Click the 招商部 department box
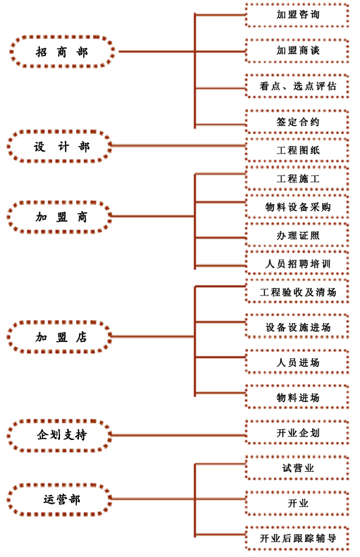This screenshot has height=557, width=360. click(x=62, y=51)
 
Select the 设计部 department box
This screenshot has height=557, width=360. click(x=59, y=146)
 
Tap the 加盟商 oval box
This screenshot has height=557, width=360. click(x=59, y=217)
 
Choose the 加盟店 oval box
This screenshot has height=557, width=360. click(x=59, y=337)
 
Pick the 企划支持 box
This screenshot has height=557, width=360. click(x=59, y=435)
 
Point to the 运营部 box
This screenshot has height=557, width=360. click(x=59, y=499)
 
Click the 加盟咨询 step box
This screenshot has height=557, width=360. click(x=297, y=15)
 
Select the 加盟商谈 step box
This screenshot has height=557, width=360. click(x=297, y=51)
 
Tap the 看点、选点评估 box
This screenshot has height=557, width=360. click(x=297, y=87)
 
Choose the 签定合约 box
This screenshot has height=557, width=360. click(x=297, y=122)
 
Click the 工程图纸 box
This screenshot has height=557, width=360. click(x=297, y=150)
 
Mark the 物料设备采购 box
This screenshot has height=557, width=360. click(x=297, y=207)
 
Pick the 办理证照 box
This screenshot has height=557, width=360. click(x=297, y=235)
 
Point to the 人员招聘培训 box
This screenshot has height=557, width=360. click(x=297, y=264)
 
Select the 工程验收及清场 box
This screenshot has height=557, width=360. click(x=297, y=292)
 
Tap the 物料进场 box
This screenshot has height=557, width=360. click(x=297, y=397)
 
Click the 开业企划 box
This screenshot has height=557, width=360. click(x=297, y=433)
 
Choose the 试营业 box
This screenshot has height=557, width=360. click(x=297, y=468)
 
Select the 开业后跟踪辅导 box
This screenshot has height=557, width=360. click(x=297, y=538)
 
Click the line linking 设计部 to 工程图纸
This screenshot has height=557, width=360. click(x=178, y=145)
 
